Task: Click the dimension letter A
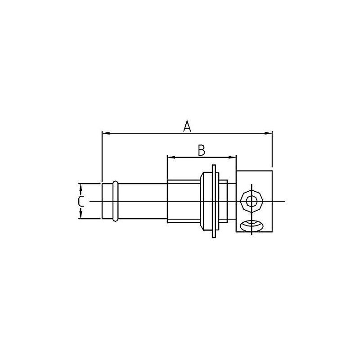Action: [187, 126]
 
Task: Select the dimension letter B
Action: [202, 150]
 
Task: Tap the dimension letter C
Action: [81, 201]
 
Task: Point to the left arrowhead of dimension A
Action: [105, 133]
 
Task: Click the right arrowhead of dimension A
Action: [268, 133]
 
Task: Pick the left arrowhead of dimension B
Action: [171, 157]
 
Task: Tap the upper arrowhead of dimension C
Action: [81, 187]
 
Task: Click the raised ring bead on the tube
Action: [116, 201]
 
